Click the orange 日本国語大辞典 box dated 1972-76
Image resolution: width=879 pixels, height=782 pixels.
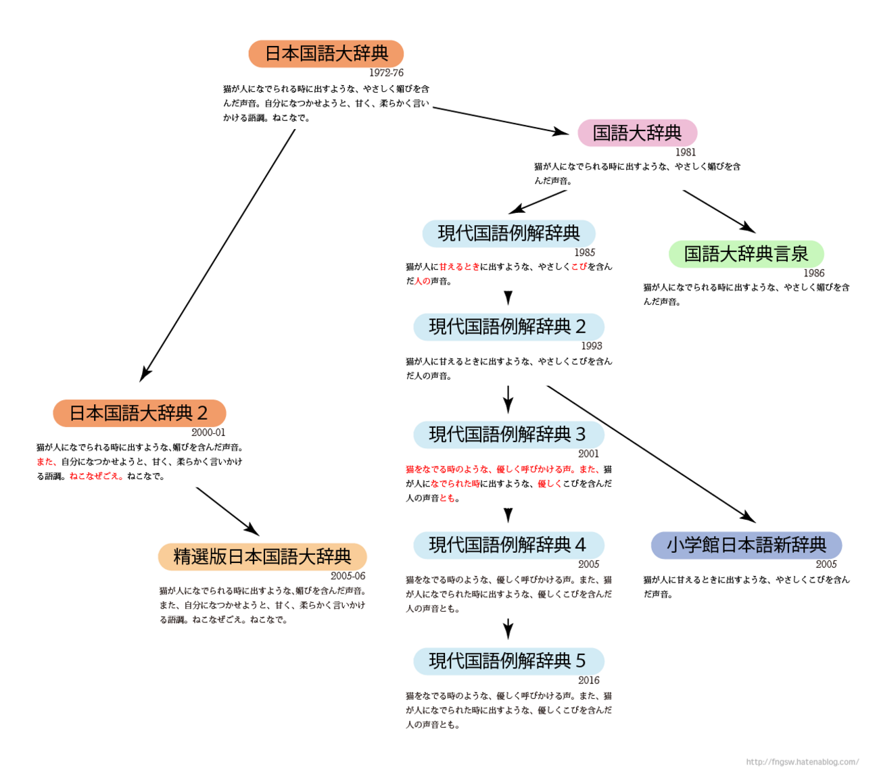(326, 54)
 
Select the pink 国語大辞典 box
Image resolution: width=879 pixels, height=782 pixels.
(637, 133)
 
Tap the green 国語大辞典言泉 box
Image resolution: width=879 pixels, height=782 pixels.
(746, 254)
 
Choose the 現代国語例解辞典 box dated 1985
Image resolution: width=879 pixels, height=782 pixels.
(508, 234)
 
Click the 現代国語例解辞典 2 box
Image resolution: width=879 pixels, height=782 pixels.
(508, 327)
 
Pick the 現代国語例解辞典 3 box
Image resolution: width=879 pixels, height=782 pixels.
(508, 435)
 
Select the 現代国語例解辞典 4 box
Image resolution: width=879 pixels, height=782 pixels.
(508, 545)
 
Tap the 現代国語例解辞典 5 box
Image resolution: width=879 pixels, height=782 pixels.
(508, 661)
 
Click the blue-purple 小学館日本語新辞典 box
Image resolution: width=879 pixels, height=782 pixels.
(746, 545)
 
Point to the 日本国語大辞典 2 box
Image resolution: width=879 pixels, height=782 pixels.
(139, 414)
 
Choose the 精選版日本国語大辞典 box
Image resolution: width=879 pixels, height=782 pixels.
(262, 557)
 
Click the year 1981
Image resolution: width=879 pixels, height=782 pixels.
(685, 153)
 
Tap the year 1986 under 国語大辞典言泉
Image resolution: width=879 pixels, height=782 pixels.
(813, 273)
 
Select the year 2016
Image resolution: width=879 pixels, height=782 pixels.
(588, 681)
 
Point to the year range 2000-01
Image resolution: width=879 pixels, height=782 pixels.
(208, 433)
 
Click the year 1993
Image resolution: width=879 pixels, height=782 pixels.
(591, 346)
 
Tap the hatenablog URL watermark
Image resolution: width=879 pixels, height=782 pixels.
(802, 762)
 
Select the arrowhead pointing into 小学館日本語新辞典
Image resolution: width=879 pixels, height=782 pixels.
(749, 517)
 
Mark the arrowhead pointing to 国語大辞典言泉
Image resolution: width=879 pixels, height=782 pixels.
(749, 228)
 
